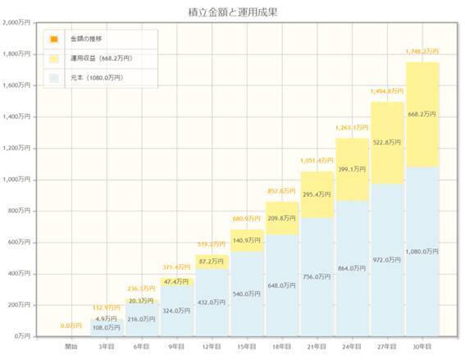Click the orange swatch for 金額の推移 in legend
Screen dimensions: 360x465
[x=53, y=39]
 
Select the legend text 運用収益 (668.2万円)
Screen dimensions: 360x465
[x=103, y=58]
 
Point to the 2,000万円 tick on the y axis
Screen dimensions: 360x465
[x=16, y=22]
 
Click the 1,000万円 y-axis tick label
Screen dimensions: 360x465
[x=16, y=180]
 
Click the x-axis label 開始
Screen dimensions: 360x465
[x=71, y=347]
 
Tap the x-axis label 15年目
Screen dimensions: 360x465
[x=247, y=347]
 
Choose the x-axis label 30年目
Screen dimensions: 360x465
[x=422, y=347]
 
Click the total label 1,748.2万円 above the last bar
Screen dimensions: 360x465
[x=422, y=52]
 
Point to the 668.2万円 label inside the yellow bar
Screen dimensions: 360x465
[x=422, y=115]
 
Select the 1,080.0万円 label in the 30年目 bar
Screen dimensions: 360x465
[x=422, y=253]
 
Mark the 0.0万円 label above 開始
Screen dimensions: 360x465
[x=71, y=326]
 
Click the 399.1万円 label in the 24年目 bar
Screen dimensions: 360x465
[x=352, y=169]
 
